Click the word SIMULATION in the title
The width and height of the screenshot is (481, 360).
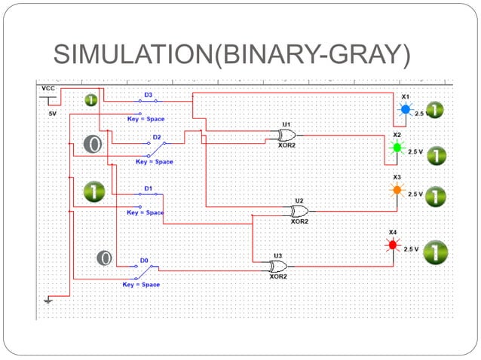click(x=133, y=53)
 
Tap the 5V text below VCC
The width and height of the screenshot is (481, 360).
click(x=52, y=114)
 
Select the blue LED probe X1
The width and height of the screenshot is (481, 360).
click(x=405, y=110)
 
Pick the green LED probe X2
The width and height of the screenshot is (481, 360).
click(x=397, y=148)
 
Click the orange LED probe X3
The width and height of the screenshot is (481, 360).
click(x=397, y=191)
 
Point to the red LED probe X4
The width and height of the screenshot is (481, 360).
click(x=392, y=246)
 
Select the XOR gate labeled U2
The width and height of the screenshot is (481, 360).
click(x=299, y=211)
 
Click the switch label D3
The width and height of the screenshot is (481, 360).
click(x=149, y=95)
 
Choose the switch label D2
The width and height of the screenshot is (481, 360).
click(x=157, y=138)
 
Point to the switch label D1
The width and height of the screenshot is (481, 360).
click(x=149, y=188)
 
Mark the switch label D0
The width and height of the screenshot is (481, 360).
click(x=144, y=260)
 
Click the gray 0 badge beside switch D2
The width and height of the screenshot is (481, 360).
click(x=92, y=144)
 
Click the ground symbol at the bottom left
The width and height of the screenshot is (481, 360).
click(x=48, y=301)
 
